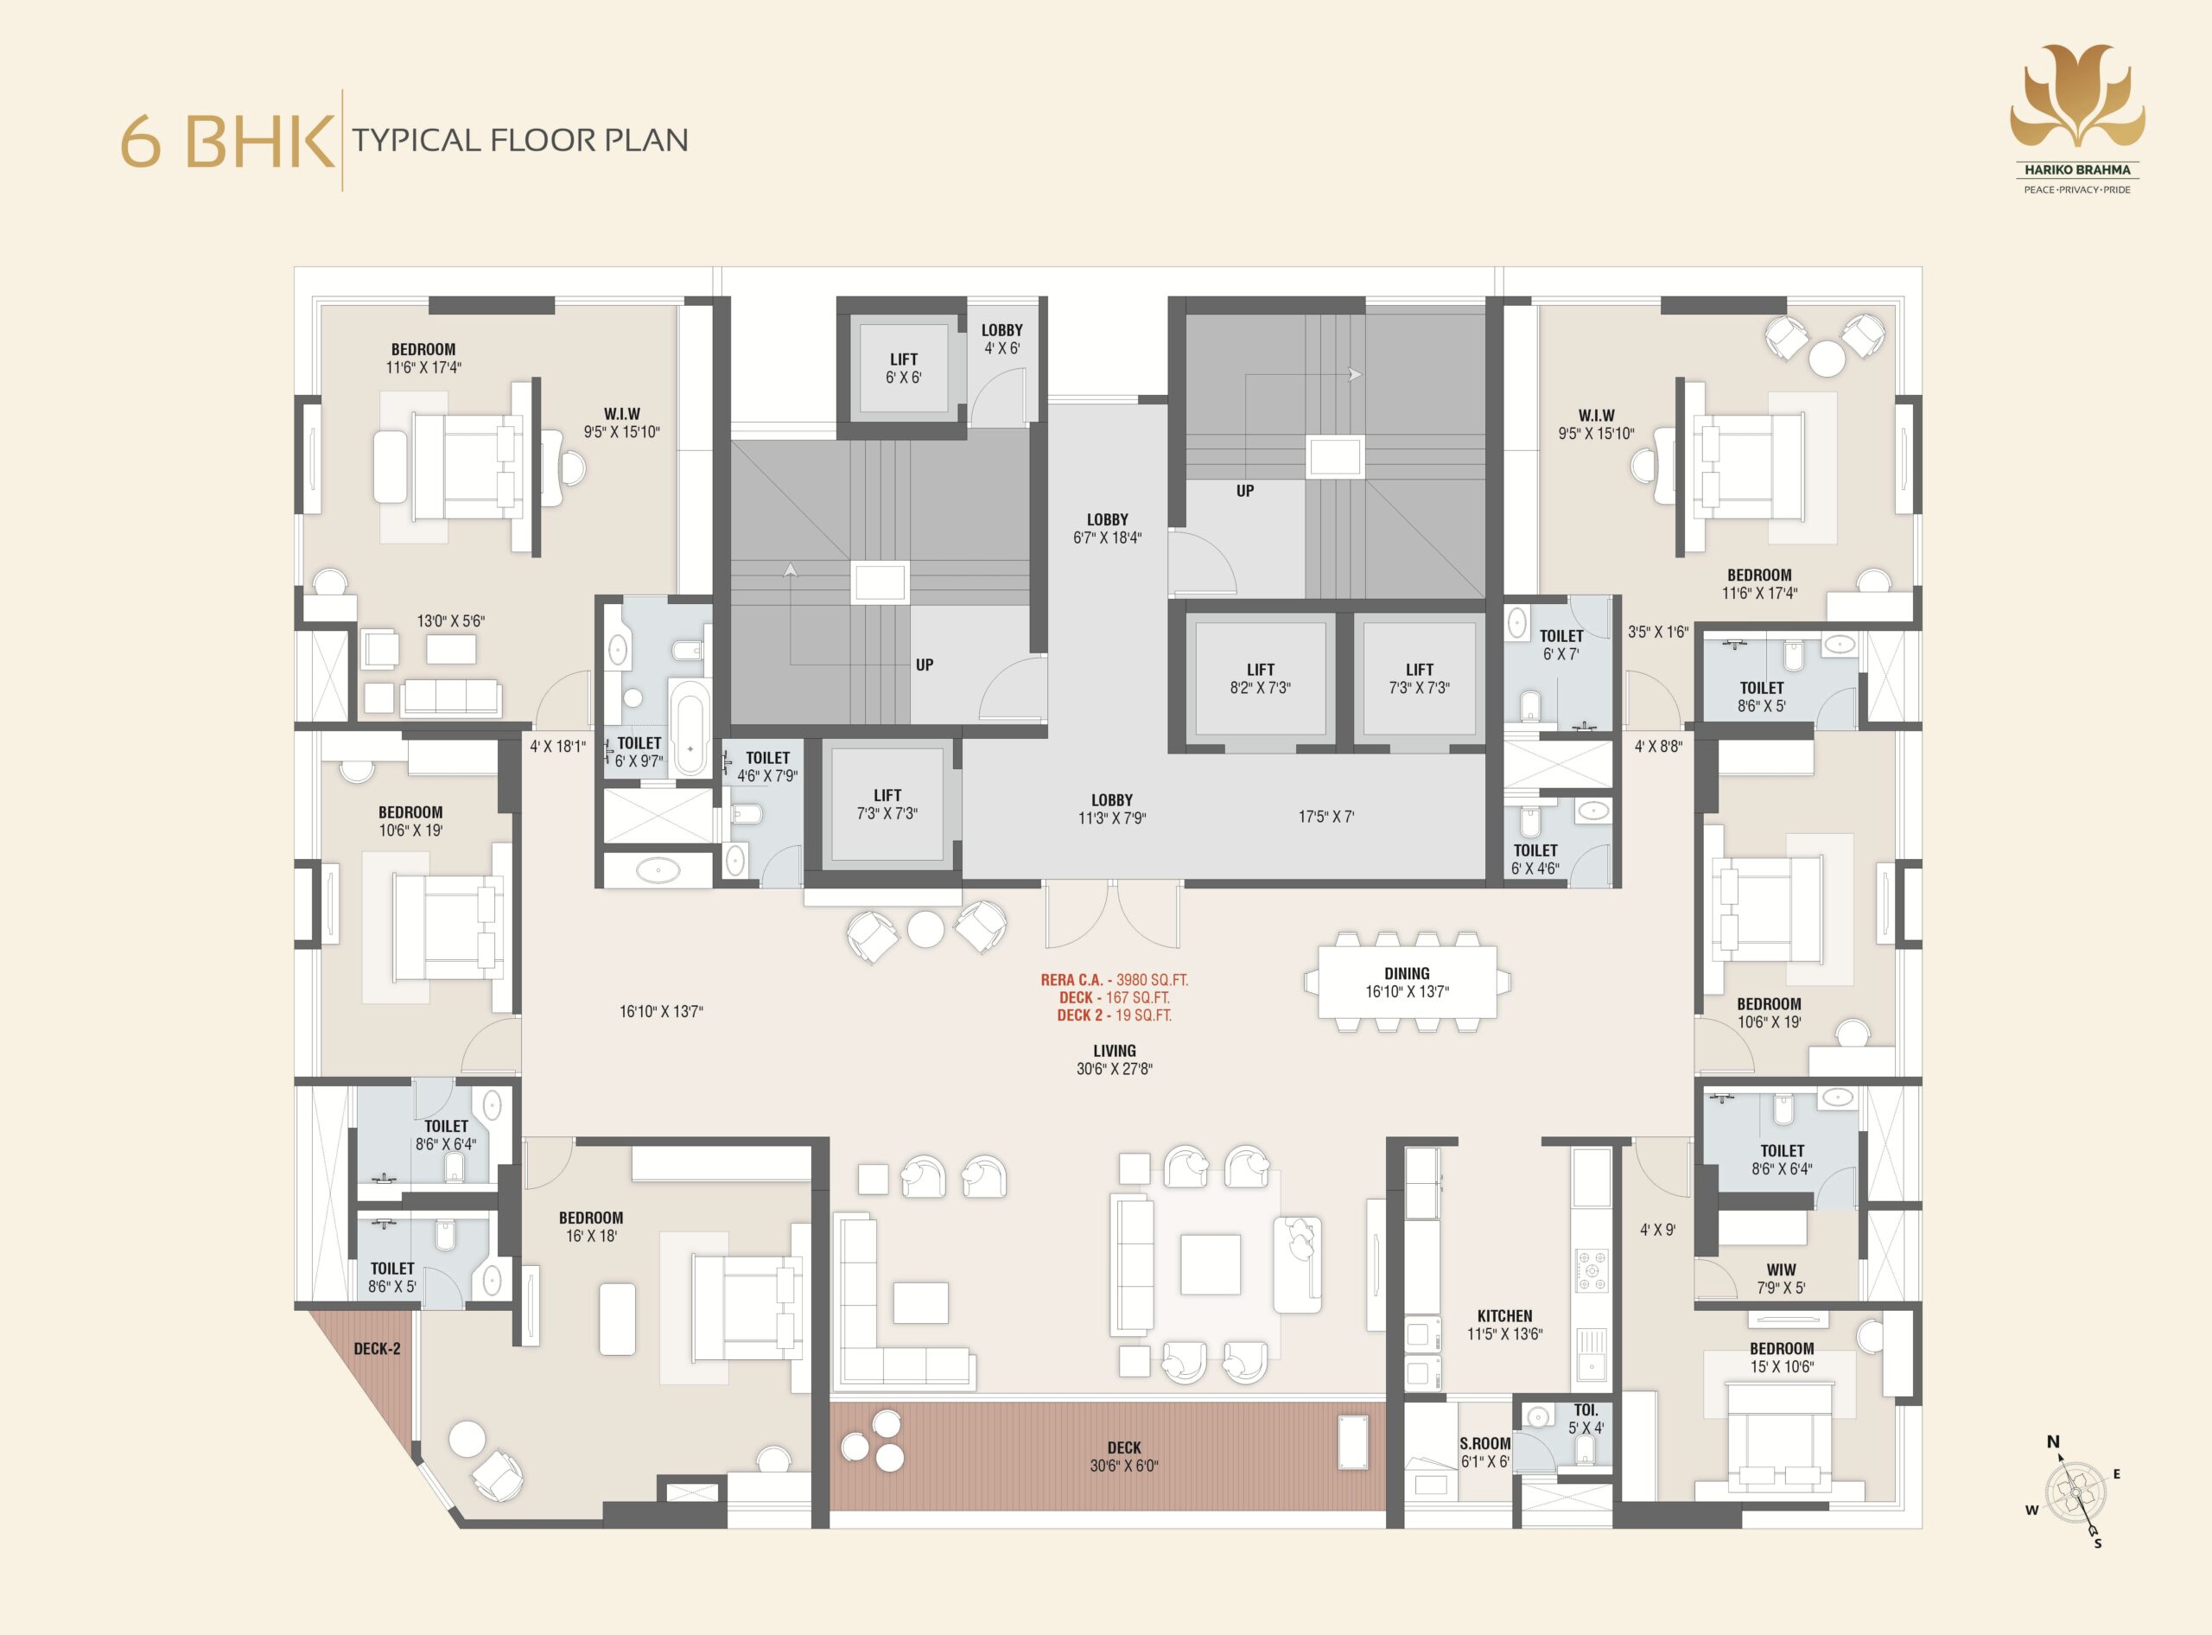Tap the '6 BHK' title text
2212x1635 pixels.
226,142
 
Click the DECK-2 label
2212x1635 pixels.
377,1349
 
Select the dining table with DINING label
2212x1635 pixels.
1407,982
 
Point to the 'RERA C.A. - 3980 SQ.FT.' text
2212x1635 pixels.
1115,980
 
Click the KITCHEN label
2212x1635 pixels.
1504,1316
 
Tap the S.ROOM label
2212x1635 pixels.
1484,1444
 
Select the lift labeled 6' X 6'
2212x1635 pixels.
903,368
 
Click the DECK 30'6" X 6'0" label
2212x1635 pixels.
1123,1456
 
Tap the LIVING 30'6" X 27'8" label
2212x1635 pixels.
1115,1059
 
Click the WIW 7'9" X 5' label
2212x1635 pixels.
1781,1279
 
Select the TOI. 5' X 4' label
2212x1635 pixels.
1586,1418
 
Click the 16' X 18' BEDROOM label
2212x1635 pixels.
591,1227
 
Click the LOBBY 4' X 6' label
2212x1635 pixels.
1001,340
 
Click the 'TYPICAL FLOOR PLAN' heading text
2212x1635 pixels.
520,141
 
